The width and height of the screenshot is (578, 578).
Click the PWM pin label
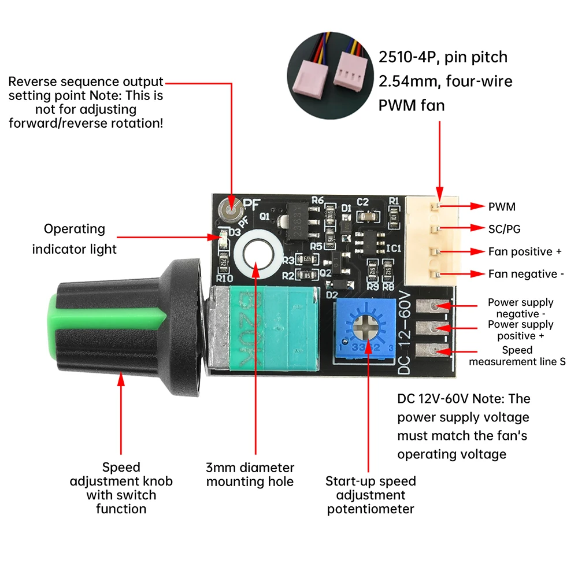coord(501,206)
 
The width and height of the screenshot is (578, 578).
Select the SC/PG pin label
coord(504,229)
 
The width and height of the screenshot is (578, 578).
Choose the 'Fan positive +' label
coord(524,251)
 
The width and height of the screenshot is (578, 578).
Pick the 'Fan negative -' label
coord(525,274)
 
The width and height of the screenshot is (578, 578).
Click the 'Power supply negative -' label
coord(520,308)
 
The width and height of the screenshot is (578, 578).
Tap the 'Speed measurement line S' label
coord(517,355)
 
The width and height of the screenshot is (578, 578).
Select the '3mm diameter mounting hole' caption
coord(250,475)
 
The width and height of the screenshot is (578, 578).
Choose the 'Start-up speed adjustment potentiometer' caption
coord(370,495)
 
